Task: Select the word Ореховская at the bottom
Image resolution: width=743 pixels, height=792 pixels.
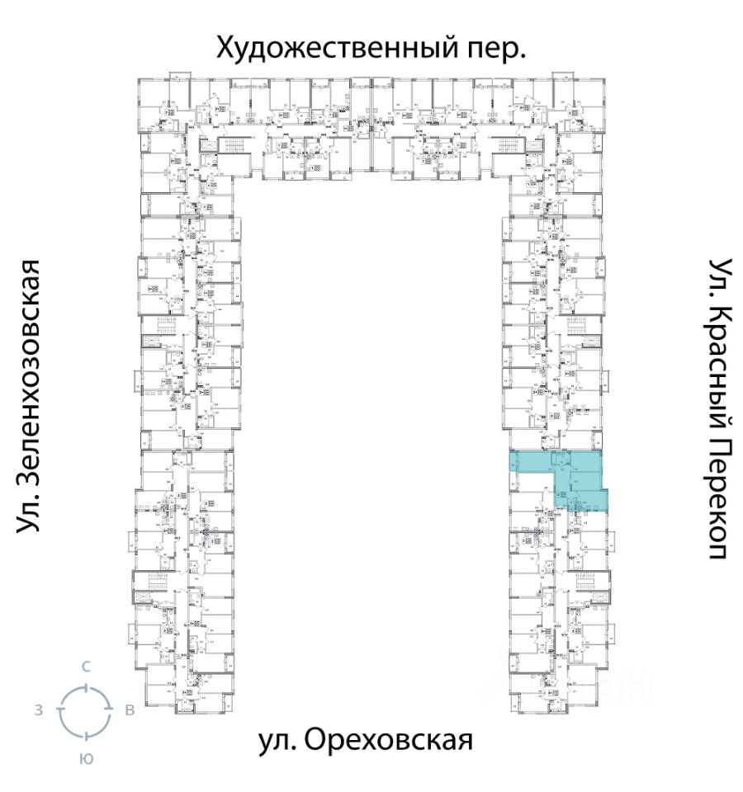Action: point(389,740)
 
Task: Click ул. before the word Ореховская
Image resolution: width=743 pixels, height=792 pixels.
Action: point(277,740)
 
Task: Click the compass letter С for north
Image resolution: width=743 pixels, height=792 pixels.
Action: point(85,666)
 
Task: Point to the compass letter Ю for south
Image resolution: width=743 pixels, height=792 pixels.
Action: point(85,759)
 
